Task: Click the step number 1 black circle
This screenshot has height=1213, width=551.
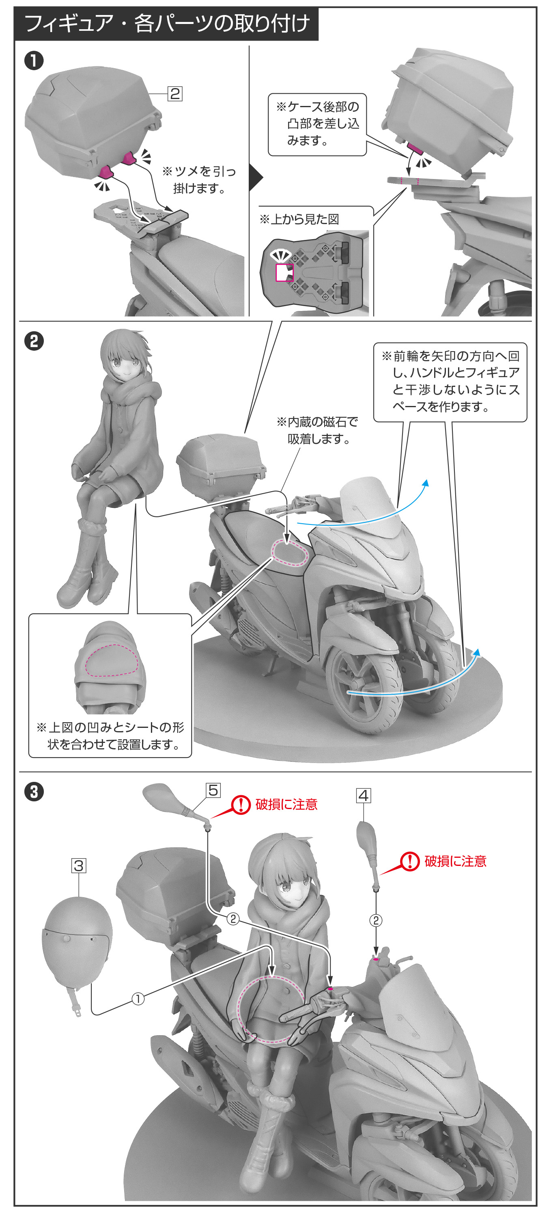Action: point(34,61)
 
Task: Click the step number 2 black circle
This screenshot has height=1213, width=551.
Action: point(34,341)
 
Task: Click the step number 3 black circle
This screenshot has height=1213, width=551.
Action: point(34,792)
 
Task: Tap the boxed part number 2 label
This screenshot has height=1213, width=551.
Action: point(175,94)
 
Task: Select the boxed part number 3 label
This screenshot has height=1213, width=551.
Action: point(79,866)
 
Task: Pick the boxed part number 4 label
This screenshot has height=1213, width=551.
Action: point(363,796)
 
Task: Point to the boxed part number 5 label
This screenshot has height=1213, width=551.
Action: point(213,790)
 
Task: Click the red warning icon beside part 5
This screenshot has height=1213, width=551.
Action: point(241,804)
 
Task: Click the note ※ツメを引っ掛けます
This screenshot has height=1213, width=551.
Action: point(198,179)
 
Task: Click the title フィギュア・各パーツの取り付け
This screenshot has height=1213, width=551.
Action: point(167,23)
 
